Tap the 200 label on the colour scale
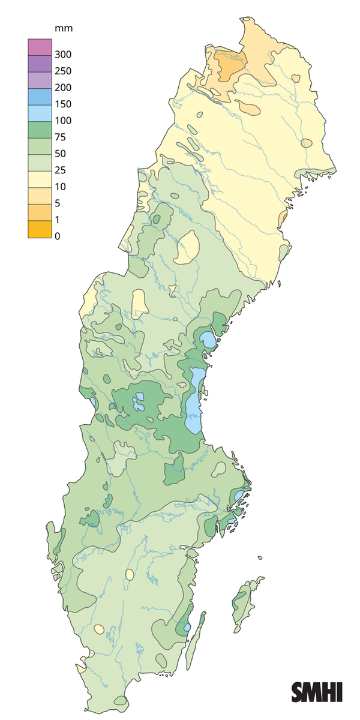click(x=63, y=88)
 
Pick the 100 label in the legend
click(x=63, y=121)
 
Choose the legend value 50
click(x=59, y=154)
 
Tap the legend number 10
click(x=59, y=187)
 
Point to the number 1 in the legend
click(x=57, y=220)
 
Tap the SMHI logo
click(x=317, y=692)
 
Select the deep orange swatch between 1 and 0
click(x=37, y=229)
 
